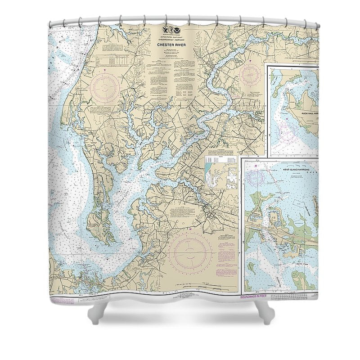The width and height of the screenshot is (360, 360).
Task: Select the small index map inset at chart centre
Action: [x=221, y=175]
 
